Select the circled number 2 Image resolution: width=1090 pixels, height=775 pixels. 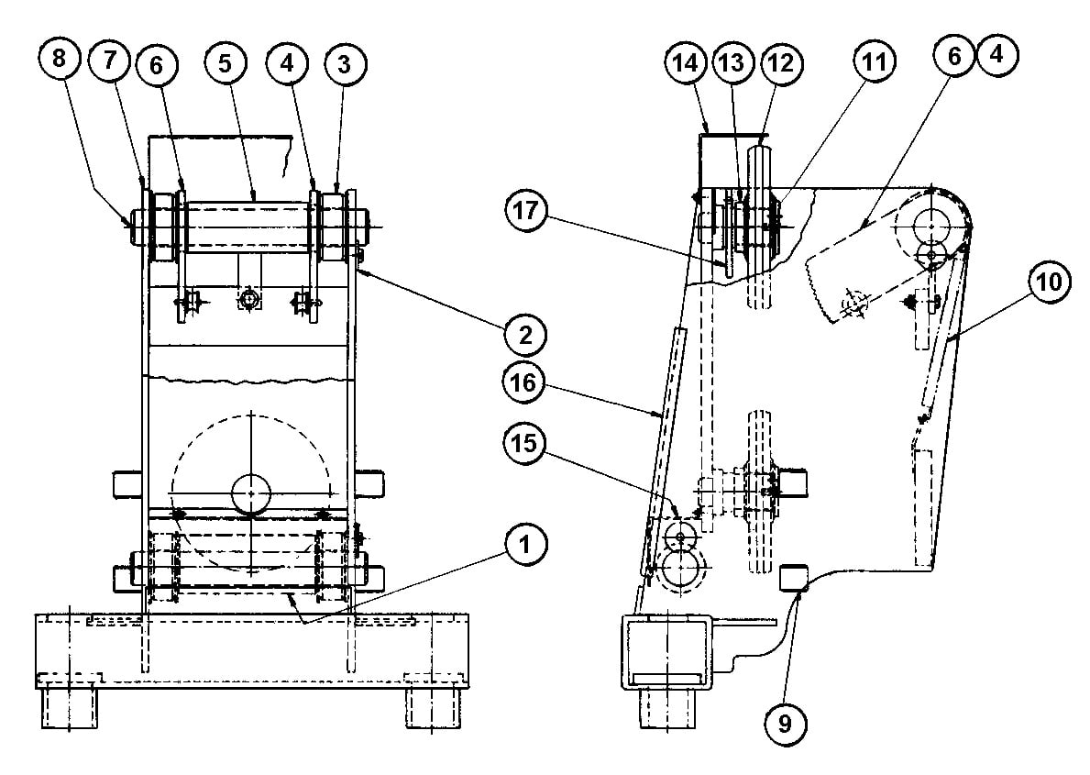(x=523, y=335)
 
